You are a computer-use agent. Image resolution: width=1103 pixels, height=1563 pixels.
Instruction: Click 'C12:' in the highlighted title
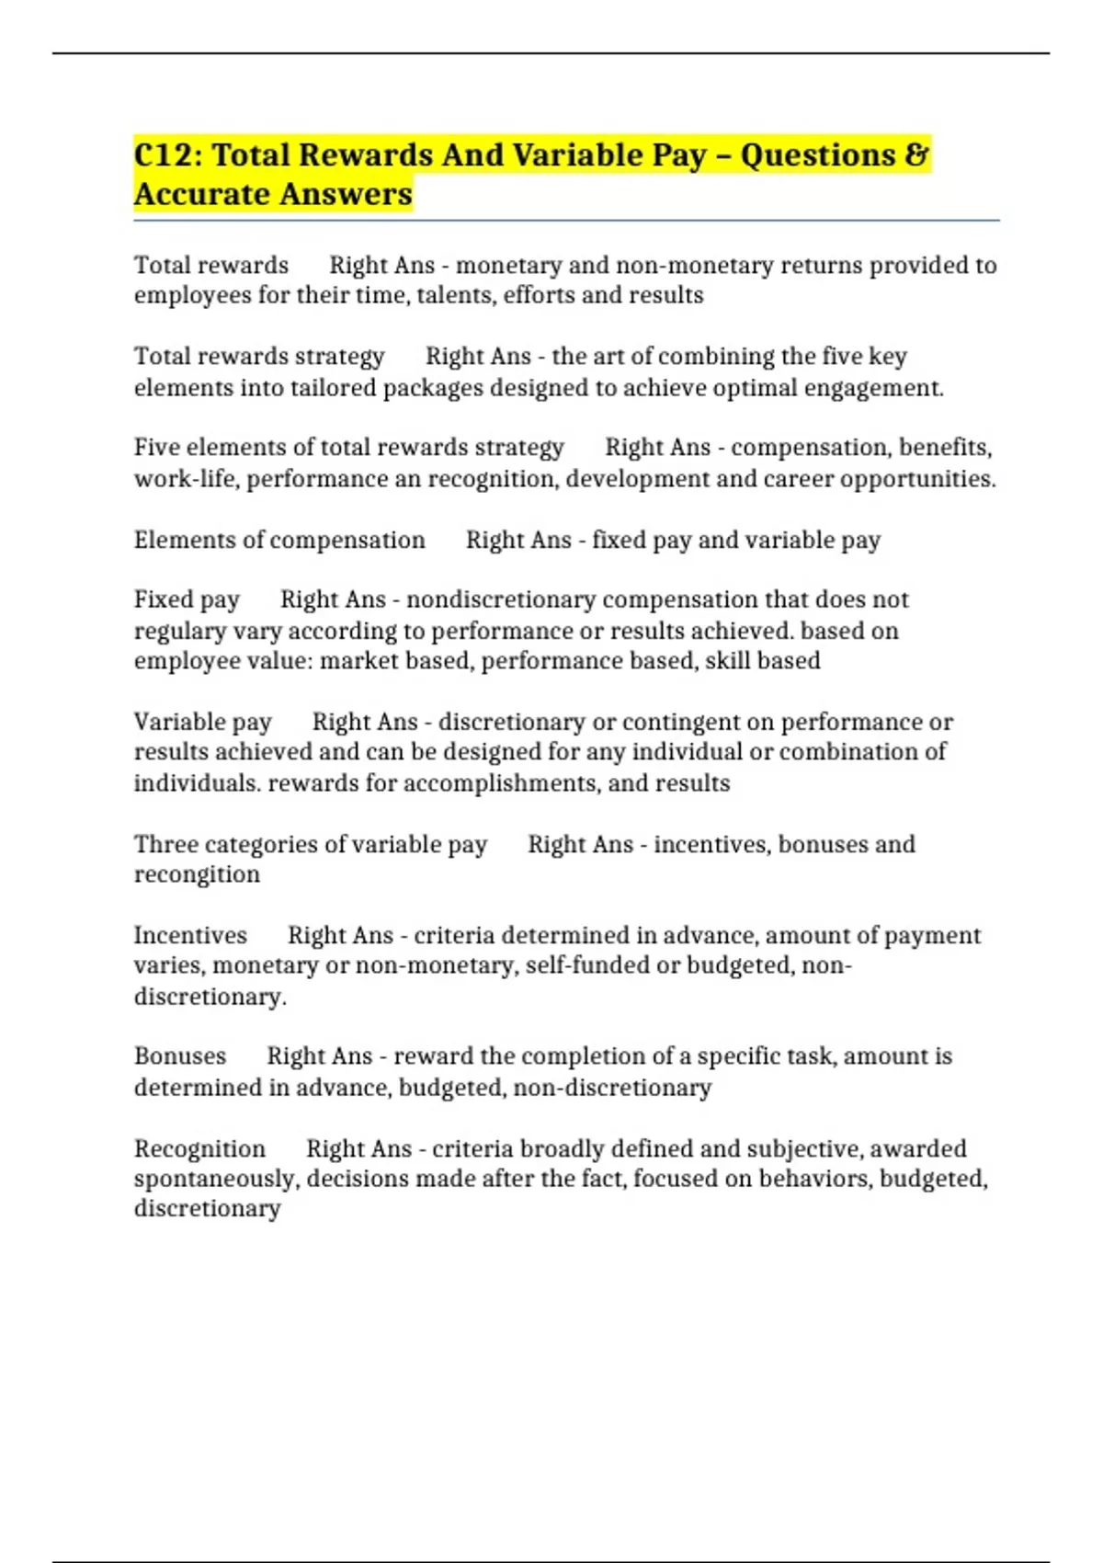(168, 155)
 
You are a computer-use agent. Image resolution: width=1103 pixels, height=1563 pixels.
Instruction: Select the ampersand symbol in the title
(916, 155)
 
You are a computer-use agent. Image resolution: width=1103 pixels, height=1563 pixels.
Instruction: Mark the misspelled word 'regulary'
(180, 632)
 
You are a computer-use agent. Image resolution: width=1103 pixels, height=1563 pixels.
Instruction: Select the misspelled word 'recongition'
(197, 874)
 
